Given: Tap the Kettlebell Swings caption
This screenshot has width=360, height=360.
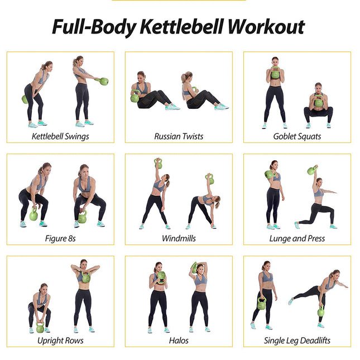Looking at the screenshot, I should click(60, 136).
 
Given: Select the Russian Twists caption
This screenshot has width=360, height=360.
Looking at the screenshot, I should click(179, 136).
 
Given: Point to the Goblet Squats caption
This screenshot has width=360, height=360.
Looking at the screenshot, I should click(297, 136).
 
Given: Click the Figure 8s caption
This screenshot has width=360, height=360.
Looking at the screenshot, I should click(60, 238).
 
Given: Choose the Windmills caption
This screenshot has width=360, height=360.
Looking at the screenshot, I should click(179, 238).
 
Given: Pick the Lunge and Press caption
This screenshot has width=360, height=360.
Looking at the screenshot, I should click(297, 238).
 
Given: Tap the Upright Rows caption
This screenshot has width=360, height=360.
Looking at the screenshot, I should click(60, 340).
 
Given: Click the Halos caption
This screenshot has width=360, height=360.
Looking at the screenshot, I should click(179, 340).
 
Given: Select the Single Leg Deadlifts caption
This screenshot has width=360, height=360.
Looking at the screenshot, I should click(297, 340).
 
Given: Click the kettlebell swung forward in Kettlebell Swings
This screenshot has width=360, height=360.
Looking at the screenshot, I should click(103, 81).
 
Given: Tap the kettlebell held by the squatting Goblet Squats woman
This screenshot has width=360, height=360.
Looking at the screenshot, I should click(318, 102).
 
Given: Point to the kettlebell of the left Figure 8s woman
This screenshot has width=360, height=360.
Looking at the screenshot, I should click(33, 215).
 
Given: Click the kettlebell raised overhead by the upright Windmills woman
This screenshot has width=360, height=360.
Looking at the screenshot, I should click(158, 164).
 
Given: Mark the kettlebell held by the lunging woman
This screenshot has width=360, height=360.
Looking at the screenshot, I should click(311, 170).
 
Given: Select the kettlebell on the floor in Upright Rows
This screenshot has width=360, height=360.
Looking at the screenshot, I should click(40, 328).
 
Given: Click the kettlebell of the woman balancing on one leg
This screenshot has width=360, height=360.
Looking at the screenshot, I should click(320, 311).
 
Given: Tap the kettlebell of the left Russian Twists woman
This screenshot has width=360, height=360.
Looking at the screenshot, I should click(135, 98).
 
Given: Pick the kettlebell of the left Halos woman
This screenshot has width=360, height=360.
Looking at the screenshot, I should click(161, 276).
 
